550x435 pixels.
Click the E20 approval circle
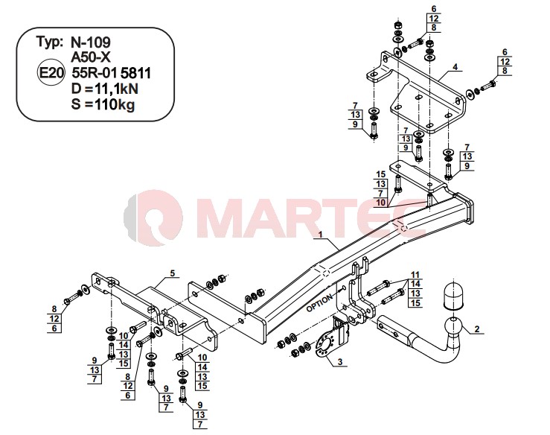point(51,72)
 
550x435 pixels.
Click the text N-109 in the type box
point(91,42)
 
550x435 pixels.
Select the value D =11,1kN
point(104,89)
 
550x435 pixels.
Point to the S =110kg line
point(103,104)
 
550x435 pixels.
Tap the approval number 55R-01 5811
point(111,73)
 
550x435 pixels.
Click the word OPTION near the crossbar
point(319,303)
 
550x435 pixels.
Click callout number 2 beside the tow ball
point(476,329)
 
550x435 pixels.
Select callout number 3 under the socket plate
point(340,361)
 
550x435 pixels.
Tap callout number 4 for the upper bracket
point(455,66)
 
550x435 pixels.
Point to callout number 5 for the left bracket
point(172,273)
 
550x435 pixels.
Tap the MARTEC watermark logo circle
point(153,217)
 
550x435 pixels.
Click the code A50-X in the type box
point(91,57)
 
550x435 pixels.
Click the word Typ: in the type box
point(50,42)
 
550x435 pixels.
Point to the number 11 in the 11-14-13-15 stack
point(415,275)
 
